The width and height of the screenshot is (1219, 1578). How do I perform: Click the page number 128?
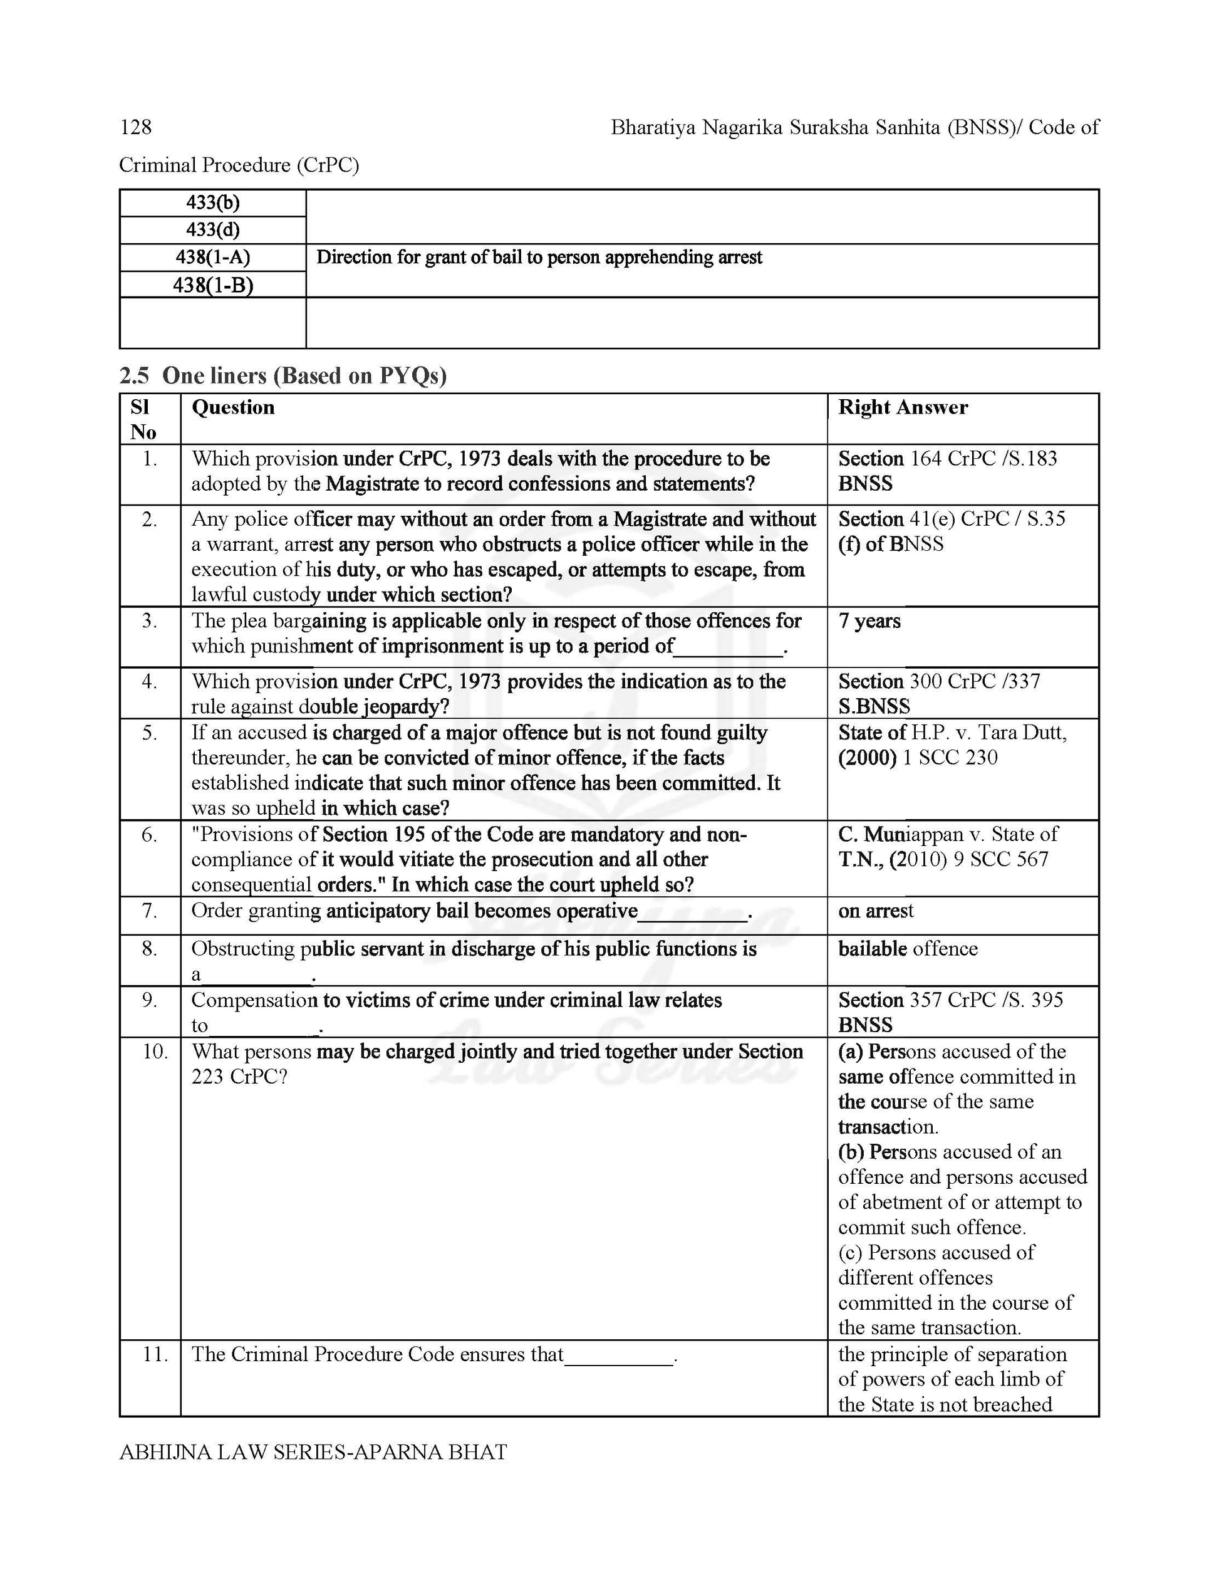136,128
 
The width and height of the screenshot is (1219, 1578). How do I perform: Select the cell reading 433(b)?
212,203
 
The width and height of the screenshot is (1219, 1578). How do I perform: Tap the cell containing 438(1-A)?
212,257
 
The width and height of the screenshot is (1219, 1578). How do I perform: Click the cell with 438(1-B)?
212,285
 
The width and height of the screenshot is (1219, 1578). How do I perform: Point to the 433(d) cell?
212,230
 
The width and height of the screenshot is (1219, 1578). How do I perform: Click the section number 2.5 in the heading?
134,376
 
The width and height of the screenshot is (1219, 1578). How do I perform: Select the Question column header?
232,407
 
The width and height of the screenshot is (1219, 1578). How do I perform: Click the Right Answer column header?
903,407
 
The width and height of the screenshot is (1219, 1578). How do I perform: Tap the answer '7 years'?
869,622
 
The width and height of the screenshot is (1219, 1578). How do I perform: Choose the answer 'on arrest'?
875,911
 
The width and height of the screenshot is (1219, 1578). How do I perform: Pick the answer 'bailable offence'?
908,949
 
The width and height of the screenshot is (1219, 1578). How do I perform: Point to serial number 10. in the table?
155,1052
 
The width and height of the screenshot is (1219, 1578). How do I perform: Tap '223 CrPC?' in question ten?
239,1077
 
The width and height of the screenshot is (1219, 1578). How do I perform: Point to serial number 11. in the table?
155,1355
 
